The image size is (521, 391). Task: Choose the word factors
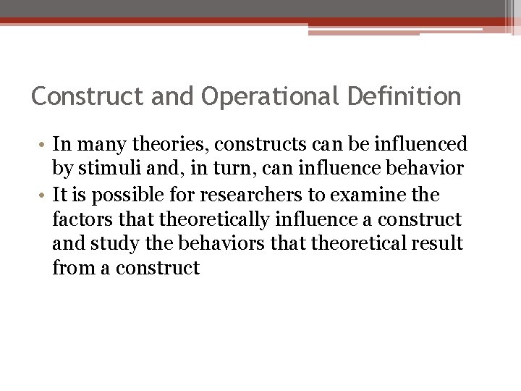click(x=77, y=216)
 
